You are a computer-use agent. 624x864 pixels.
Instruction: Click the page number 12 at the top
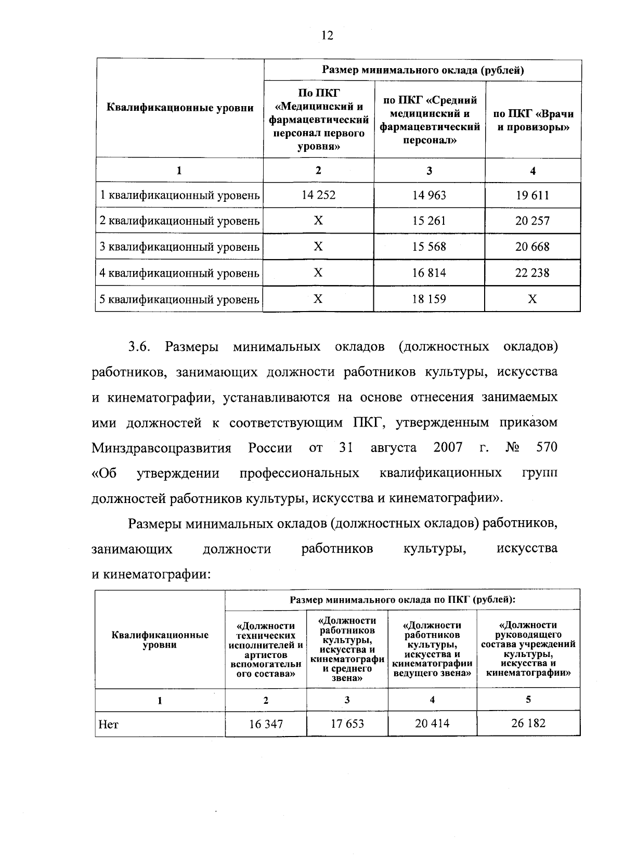tap(327, 35)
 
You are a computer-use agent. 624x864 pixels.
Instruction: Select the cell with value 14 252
tap(318, 195)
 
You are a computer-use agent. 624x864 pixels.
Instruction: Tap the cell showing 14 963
tap(429, 195)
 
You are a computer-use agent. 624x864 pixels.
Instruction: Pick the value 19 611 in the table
tap(532, 195)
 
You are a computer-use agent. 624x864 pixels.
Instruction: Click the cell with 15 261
tap(429, 221)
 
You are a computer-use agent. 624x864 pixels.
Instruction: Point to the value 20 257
tap(532, 221)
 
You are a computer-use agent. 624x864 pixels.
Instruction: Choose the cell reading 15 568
tap(429, 247)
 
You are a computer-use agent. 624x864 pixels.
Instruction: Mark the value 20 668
tap(532, 247)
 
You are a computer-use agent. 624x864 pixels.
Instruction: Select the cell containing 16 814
tap(429, 273)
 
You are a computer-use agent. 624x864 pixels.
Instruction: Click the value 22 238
tap(532, 273)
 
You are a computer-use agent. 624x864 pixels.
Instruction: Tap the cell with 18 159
tap(429, 299)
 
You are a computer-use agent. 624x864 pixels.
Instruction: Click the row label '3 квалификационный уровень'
tap(179, 247)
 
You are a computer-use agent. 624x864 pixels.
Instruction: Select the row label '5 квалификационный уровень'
tap(179, 299)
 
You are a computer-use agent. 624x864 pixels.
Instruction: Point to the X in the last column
tap(532, 299)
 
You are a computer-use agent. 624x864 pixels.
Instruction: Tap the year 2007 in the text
tap(448, 447)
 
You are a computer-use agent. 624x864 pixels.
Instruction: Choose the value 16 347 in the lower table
tap(266, 724)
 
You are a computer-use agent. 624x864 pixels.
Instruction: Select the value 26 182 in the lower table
tap(528, 723)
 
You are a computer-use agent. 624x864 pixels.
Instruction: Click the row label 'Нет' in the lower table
tap(108, 724)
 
